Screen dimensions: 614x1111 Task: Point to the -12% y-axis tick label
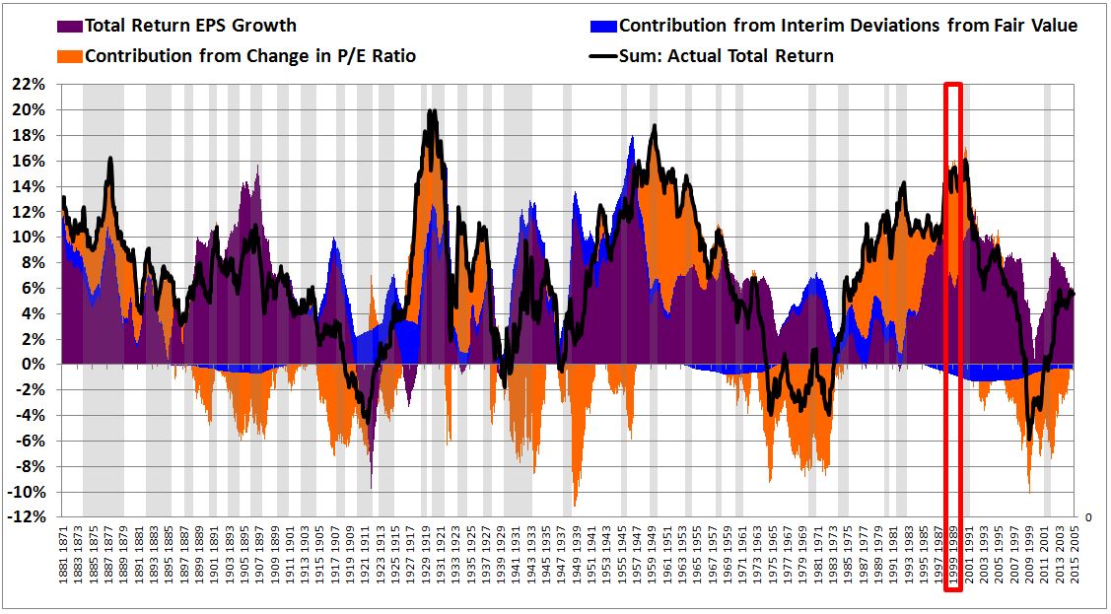[x=30, y=517]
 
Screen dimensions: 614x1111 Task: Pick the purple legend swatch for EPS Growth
[x=70, y=26]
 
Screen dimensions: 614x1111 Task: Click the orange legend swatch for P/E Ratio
[x=70, y=56]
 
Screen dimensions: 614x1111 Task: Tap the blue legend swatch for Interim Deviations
[x=603, y=26]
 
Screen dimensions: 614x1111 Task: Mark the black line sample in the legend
[x=603, y=56]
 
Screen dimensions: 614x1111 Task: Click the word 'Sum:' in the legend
[x=644, y=56]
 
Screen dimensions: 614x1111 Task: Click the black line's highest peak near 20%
[x=432, y=112]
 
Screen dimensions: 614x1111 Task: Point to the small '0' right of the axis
[x=1088, y=516]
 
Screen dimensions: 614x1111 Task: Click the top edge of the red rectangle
[x=953, y=85]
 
